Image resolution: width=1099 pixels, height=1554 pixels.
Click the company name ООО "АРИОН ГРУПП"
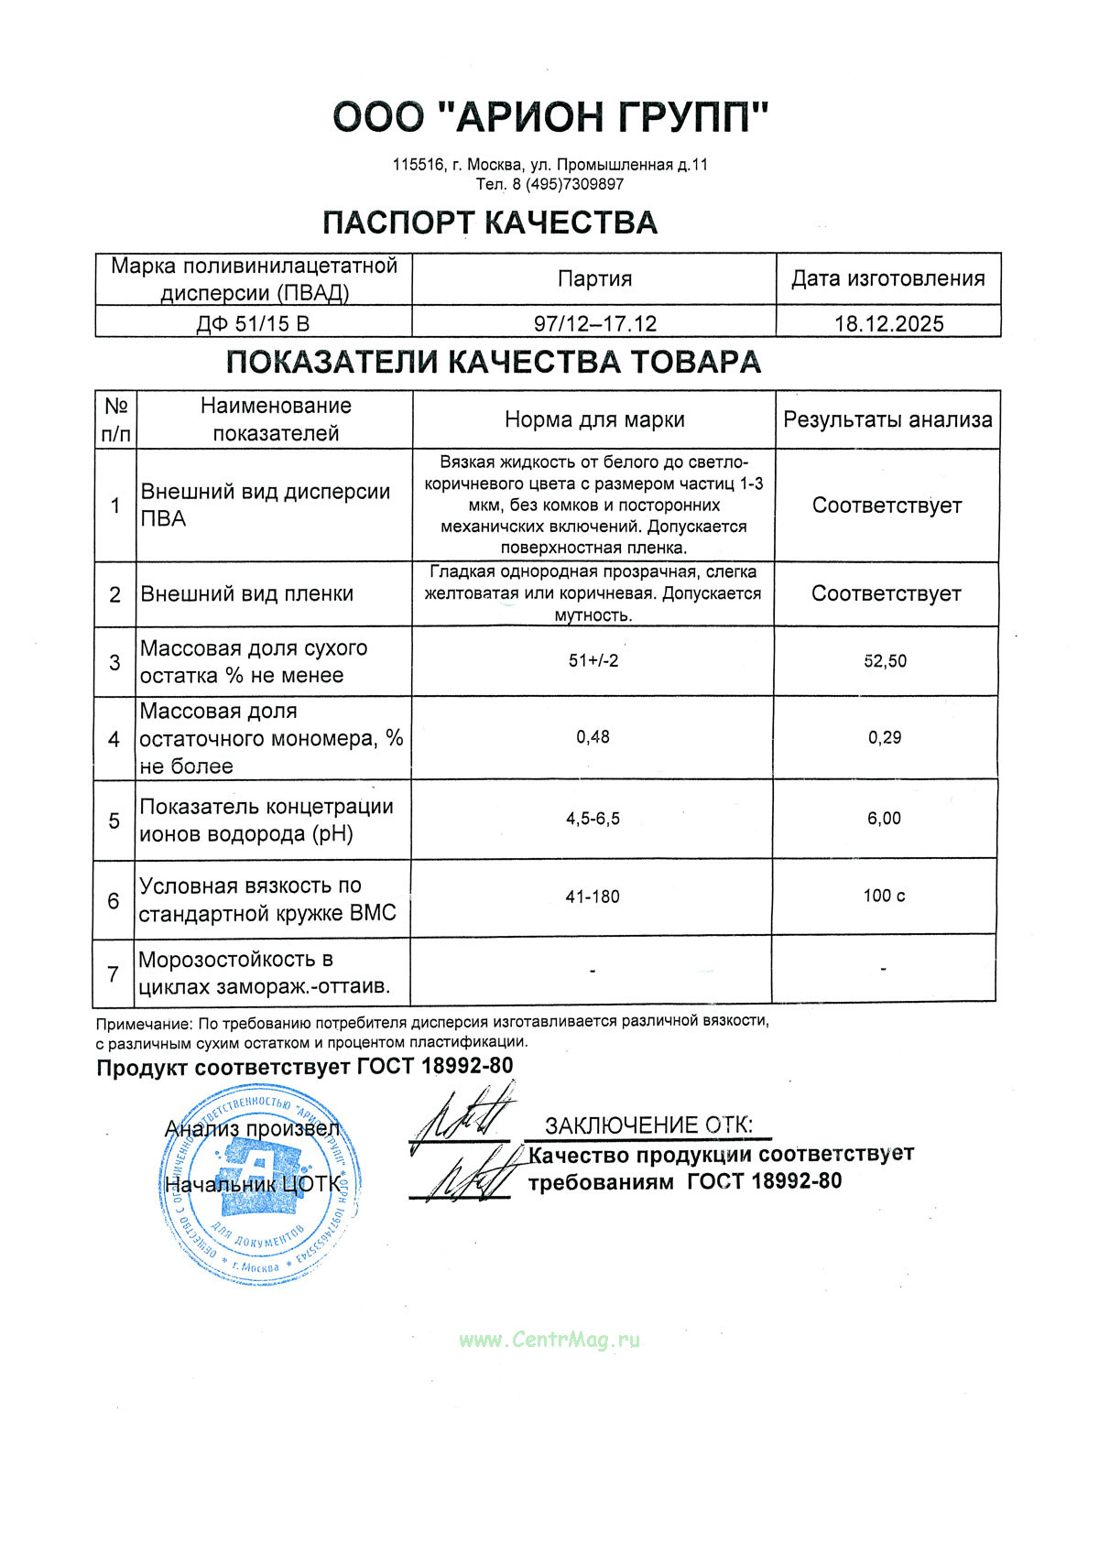(x=549, y=117)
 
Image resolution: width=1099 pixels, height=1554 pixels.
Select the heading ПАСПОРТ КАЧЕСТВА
(x=490, y=223)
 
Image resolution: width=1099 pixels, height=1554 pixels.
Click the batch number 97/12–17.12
(x=595, y=323)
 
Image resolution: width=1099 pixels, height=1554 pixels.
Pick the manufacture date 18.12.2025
(x=888, y=323)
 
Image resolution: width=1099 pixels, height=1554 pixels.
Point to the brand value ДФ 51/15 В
(x=254, y=323)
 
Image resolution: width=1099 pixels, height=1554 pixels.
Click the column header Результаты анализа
(x=887, y=420)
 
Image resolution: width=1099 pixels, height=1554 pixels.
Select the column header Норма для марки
(x=594, y=420)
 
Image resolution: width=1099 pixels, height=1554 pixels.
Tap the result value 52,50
(x=886, y=661)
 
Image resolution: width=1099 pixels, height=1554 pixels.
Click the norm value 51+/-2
(x=593, y=661)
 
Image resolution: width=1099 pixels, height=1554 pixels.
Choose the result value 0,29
(x=885, y=737)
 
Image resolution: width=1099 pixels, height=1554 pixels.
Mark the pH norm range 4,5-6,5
(x=593, y=819)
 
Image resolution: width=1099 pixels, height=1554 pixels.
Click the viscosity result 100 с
(x=884, y=896)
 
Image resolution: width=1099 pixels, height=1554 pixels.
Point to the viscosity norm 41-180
(x=593, y=897)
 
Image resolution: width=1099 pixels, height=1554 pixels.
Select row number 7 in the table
(x=114, y=973)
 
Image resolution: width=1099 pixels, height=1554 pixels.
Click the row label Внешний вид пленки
(x=247, y=593)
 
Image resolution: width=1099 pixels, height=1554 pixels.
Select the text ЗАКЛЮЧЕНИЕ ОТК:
(x=648, y=1125)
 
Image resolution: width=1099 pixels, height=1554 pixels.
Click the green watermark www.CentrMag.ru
(x=549, y=1340)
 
